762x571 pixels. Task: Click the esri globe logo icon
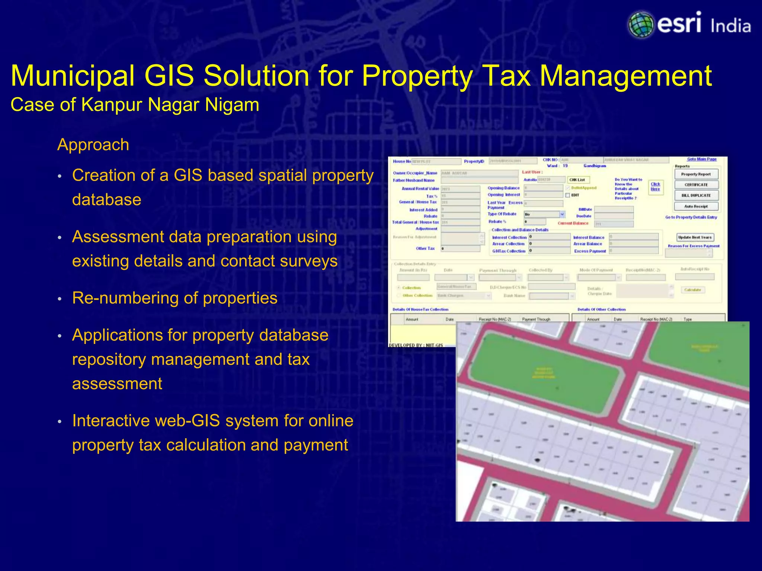[641, 25]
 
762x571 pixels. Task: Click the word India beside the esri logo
[730, 26]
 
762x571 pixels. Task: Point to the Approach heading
[93, 145]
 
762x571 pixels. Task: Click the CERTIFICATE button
[696, 185]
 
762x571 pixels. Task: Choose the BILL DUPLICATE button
[696, 195]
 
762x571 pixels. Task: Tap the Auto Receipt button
[696, 206]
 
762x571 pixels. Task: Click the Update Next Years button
[695, 237]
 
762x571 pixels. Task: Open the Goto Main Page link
[701, 159]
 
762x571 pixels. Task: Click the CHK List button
[577, 180]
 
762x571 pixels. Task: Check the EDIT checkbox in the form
[568, 195]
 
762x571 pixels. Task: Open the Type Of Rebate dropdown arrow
[562, 214]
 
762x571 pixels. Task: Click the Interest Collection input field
[550, 237]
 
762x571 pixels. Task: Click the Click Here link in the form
[655, 187]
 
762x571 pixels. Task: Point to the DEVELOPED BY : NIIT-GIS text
[416, 345]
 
